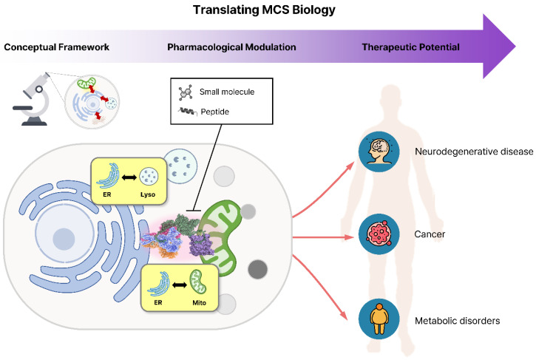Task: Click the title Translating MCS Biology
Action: (264, 10)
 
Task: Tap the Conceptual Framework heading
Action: (56, 47)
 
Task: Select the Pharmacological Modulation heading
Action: (231, 47)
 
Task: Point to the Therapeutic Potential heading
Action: (410, 47)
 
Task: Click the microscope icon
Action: (33, 99)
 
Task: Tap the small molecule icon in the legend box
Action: (186, 92)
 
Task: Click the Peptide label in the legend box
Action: (214, 112)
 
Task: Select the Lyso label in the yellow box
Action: (148, 194)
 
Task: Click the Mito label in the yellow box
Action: (199, 303)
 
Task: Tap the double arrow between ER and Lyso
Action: (129, 177)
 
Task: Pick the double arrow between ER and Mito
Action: (180, 285)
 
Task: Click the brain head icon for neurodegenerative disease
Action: (379, 152)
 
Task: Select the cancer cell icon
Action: (379, 234)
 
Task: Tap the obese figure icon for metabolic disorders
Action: (379, 319)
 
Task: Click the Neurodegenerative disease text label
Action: (474, 152)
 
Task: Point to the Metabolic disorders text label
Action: (457, 321)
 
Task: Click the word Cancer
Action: (430, 234)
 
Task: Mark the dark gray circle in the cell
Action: (258, 269)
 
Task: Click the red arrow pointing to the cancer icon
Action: (323, 237)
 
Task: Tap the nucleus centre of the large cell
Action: (64, 238)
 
